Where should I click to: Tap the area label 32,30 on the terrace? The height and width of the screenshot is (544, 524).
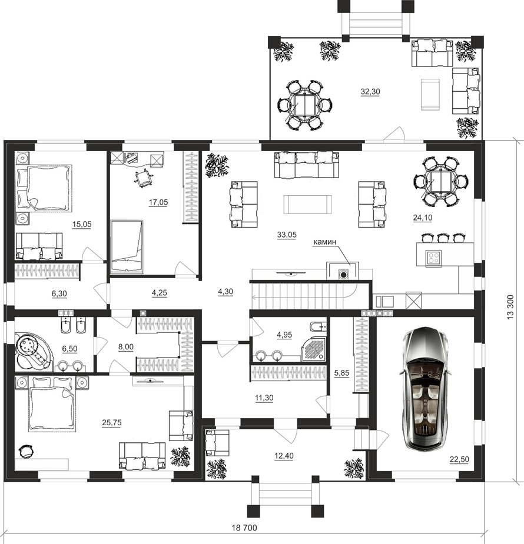370,92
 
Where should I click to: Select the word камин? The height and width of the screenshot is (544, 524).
324,242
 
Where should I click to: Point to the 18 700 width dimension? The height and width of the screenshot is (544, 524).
244,528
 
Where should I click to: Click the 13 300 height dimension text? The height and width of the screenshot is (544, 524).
510,307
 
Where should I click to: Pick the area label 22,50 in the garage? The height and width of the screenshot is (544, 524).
459,459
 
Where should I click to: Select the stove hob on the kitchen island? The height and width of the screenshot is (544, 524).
434,258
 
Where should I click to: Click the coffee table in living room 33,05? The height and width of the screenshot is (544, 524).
307,204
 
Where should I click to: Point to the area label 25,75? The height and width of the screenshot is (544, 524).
112,423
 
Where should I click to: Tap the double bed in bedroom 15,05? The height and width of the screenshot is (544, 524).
44,188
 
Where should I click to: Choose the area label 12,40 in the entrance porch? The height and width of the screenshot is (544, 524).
284,456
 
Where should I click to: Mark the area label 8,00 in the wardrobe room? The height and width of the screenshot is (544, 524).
126,347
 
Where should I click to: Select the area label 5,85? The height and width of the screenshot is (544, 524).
341,373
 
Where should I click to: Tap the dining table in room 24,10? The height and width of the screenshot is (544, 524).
441,182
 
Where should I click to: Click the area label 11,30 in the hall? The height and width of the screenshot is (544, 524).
264,398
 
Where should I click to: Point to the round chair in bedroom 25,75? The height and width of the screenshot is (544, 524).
26,451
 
